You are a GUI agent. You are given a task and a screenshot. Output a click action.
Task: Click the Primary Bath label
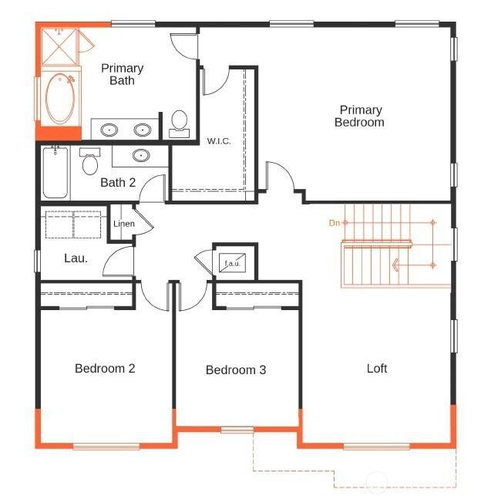pyautogui.click(x=122, y=74)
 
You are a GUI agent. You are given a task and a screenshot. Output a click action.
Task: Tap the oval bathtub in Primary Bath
pyautogui.click(x=60, y=99)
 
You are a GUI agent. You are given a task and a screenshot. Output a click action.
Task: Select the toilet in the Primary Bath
pyautogui.click(x=179, y=124)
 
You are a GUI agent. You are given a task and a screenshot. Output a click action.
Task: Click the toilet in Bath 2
pyautogui.click(x=90, y=161)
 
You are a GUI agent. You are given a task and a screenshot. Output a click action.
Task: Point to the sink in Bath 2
pyautogui.click(x=141, y=156)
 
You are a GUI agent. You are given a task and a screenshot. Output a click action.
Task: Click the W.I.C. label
pyautogui.click(x=219, y=141)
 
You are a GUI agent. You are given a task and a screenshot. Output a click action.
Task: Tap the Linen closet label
pyautogui.click(x=124, y=224)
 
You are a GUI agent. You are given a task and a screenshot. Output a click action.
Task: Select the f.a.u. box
pyautogui.click(x=232, y=263)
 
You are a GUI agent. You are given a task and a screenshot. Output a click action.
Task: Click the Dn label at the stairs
pyautogui.click(x=335, y=223)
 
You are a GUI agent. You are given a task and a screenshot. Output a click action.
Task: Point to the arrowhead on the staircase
pyautogui.click(x=395, y=265)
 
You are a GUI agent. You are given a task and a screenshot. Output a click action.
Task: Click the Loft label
pyautogui.click(x=377, y=368)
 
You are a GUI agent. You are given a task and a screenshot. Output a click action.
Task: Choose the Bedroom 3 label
pyautogui.click(x=236, y=370)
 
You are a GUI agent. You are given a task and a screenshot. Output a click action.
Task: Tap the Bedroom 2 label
pyautogui.click(x=105, y=368)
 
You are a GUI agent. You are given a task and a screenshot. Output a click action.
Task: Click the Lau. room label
pyautogui.click(x=76, y=258)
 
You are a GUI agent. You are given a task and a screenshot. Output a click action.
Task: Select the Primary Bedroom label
pyautogui.click(x=360, y=116)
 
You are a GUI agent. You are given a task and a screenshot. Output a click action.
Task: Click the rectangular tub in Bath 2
pyautogui.click(x=55, y=173)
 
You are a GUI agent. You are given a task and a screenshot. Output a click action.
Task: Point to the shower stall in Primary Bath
pyautogui.click(x=59, y=47)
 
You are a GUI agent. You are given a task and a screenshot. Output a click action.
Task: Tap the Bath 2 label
pyautogui.click(x=118, y=183)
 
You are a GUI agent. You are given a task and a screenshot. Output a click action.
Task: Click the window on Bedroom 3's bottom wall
pyautogui.click(x=237, y=430)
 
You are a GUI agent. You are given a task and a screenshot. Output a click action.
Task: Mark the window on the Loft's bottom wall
pyautogui.click(x=377, y=446)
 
